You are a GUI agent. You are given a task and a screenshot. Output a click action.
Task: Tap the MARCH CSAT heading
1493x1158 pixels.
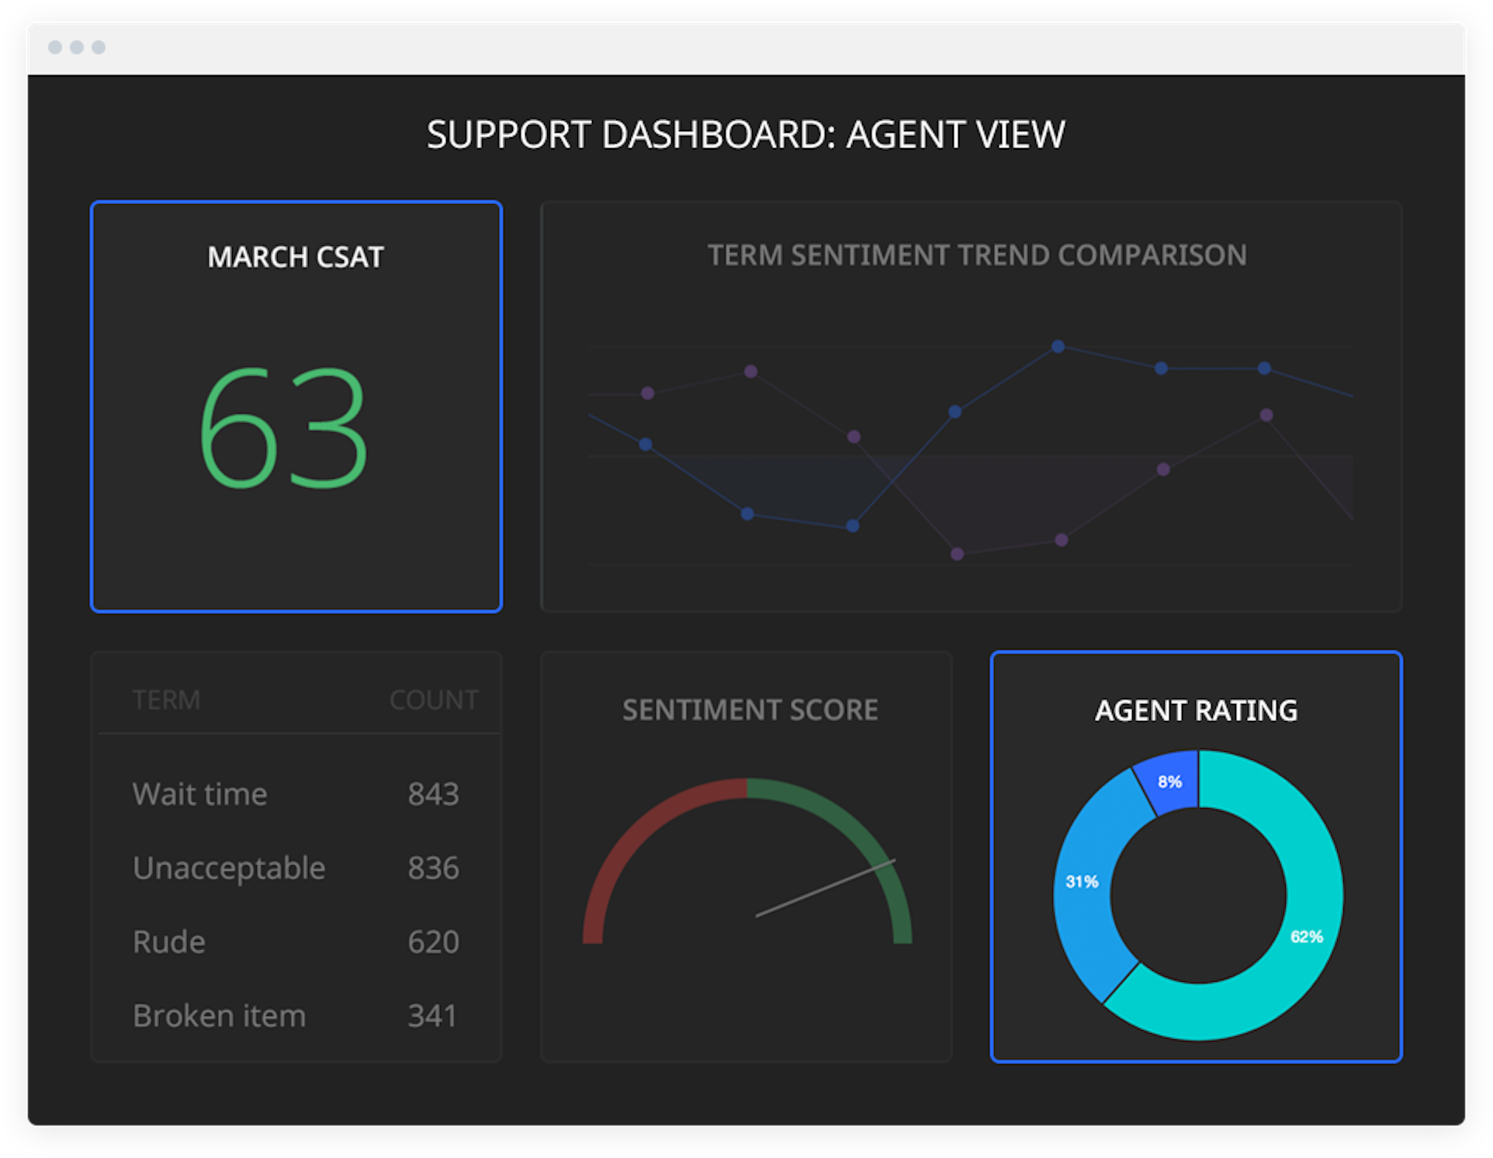tap(296, 257)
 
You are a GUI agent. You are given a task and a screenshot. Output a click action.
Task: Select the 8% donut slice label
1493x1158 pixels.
tap(1169, 782)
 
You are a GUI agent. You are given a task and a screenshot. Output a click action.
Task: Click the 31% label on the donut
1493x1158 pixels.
tap(1082, 882)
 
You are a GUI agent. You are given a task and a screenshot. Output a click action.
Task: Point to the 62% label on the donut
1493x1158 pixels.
tap(1306, 937)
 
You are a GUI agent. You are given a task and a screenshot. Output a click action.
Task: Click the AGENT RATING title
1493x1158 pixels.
tap(1196, 710)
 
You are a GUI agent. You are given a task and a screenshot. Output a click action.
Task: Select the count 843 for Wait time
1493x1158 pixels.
tap(433, 794)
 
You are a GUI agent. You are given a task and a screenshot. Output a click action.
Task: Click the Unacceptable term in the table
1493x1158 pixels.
tap(229, 868)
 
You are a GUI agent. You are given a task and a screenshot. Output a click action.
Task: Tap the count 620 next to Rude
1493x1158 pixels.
tap(433, 941)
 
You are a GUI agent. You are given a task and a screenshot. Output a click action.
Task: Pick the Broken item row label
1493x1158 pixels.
tap(220, 1015)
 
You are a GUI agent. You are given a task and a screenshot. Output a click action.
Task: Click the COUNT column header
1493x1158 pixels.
tap(434, 700)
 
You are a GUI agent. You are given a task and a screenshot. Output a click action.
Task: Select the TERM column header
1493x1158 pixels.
tap(166, 700)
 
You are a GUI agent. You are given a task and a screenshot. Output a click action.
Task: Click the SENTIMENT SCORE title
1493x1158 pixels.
tap(750, 710)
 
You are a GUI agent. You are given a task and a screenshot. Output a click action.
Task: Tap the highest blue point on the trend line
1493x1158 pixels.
tap(1058, 346)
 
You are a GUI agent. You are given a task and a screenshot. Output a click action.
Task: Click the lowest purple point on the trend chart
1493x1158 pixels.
tap(957, 553)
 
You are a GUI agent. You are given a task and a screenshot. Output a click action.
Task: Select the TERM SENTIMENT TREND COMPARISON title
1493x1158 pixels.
tap(976, 255)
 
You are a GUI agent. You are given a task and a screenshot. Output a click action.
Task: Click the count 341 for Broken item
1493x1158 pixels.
tap(432, 1015)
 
